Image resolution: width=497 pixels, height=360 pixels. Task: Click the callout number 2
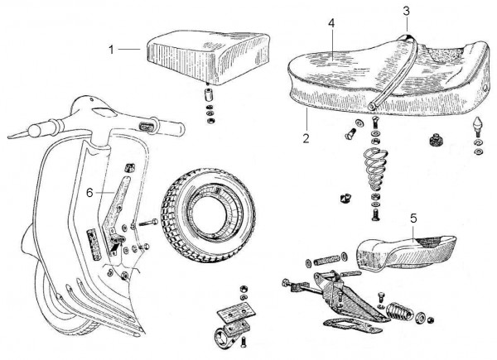tap(306, 137)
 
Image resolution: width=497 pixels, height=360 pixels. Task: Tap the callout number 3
tap(407, 11)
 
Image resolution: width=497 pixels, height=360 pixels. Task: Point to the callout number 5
tap(413, 220)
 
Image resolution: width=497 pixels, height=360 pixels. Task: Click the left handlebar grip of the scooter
tap(36, 131)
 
